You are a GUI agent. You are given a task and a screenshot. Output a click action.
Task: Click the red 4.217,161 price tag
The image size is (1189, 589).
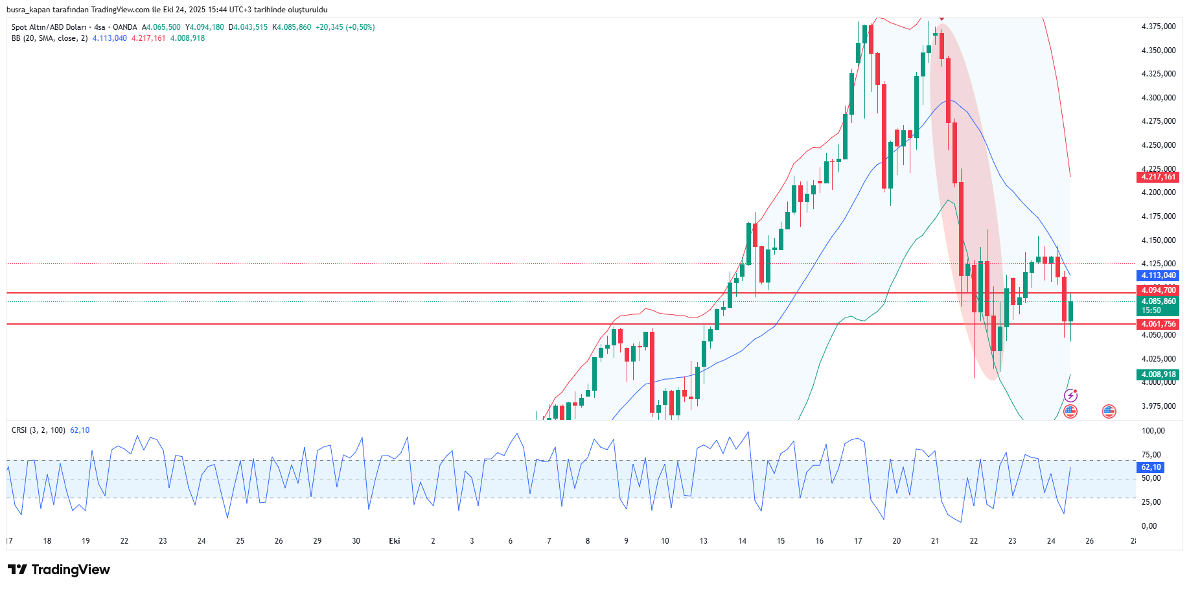(x=1158, y=177)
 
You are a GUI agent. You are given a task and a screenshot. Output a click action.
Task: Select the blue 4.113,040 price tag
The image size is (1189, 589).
(x=1158, y=275)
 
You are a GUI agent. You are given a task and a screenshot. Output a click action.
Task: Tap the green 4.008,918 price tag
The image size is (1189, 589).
(x=1158, y=375)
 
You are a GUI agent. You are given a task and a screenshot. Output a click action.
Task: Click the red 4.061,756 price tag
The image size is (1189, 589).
(x=1158, y=324)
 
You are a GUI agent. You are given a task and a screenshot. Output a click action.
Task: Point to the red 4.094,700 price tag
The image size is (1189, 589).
(x=1158, y=290)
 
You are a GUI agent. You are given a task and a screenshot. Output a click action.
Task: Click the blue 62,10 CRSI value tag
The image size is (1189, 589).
(x=1151, y=467)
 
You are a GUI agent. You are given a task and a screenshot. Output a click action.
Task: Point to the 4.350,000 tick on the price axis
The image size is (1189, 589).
(x=1158, y=51)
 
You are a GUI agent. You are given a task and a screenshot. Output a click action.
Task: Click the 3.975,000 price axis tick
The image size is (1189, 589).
(x=1158, y=406)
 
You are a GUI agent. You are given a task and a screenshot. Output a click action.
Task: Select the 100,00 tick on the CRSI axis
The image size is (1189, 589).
(x=1153, y=431)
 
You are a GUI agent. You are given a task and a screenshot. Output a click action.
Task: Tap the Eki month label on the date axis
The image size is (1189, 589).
(x=394, y=541)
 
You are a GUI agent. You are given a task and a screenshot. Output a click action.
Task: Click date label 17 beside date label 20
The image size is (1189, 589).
(x=858, y=541)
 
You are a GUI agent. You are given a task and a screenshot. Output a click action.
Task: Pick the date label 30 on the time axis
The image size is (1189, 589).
(x=356, y=541)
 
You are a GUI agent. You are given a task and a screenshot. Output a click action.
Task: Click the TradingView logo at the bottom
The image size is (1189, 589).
(x=59, y=570)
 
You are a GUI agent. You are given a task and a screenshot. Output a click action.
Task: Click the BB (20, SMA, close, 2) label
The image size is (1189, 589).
(x=49, y=38)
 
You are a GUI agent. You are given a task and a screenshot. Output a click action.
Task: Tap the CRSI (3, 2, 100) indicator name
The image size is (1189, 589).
(x=38, y=430)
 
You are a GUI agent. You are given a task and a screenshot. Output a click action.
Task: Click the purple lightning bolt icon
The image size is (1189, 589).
(x=1070, y=395)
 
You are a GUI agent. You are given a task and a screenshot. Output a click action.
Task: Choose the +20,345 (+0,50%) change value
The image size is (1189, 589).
(x=345, y=27)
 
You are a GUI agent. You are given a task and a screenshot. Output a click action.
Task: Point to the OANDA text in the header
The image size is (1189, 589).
(x=125, y=27)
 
